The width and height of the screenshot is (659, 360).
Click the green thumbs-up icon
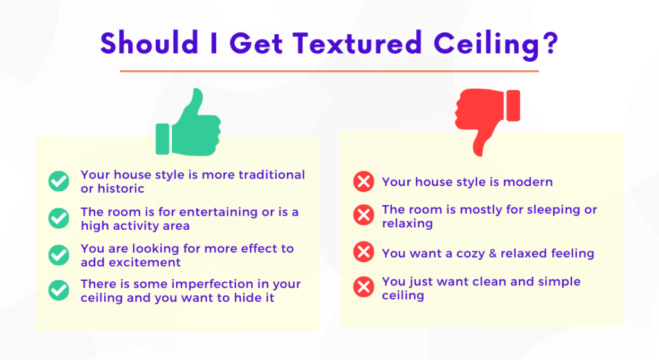coord(189,126)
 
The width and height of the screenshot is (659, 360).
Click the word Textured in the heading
coord(357,43)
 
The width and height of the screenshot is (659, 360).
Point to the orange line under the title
coord(329,71)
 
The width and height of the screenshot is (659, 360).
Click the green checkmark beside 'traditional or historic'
coord(59,181)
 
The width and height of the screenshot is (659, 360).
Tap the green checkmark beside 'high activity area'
coord(59,218)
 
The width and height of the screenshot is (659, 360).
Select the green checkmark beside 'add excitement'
coord(59,255)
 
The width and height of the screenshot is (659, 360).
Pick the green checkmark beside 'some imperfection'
coord(59,290)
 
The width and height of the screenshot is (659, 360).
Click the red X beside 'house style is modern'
coord(364,182)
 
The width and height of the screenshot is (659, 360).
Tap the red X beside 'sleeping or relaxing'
coord(364,215)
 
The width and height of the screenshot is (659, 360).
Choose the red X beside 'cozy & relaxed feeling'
coord(364,252)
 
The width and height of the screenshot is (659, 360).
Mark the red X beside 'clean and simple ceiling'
coord(364,287)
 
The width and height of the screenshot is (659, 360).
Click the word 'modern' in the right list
coord(528,182)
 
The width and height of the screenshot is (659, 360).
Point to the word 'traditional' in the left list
coord(272,175)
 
